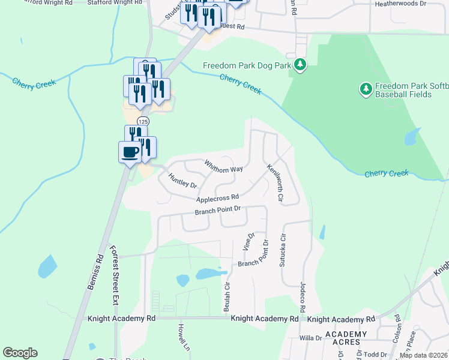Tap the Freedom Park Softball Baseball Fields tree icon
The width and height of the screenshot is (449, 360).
pyautogui.click(x=366, y=89)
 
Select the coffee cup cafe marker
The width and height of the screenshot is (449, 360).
pyautogui.click(x=130, y=151)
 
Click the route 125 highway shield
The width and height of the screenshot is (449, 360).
pyautogui.click(x=146, y=121)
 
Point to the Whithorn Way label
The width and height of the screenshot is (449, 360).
pyautogui.click(x=223, y=166)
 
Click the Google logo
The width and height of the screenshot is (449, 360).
pyautogui.click(x=20, y=353)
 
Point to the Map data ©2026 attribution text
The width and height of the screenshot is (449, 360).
pyautogui.click(x=424, y=355)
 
